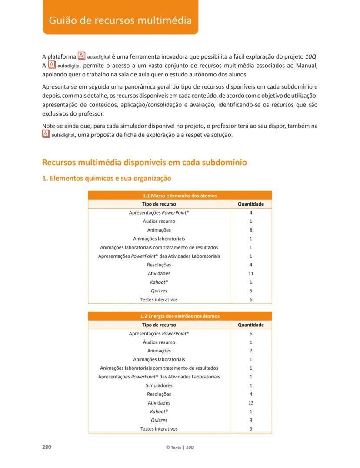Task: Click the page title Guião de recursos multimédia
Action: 120,20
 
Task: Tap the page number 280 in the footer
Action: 47,447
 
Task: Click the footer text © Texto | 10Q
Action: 180,448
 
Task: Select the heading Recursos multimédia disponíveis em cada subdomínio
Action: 145,163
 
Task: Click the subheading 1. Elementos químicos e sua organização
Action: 107,178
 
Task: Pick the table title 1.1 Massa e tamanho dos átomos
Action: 180,196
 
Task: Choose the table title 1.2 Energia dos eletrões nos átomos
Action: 180,316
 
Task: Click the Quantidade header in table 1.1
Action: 251,204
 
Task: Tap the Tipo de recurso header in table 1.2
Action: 159,325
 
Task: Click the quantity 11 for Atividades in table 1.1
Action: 251,273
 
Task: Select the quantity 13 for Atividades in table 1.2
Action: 251,403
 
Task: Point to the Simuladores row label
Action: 159,385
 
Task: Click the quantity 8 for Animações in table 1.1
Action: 251,230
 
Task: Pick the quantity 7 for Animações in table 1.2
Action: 251,351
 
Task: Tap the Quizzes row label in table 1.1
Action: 159,291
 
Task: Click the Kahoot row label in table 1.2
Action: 159,412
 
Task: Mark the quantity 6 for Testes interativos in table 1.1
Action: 251,299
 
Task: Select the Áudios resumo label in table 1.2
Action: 159,342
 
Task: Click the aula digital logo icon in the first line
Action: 81,56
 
